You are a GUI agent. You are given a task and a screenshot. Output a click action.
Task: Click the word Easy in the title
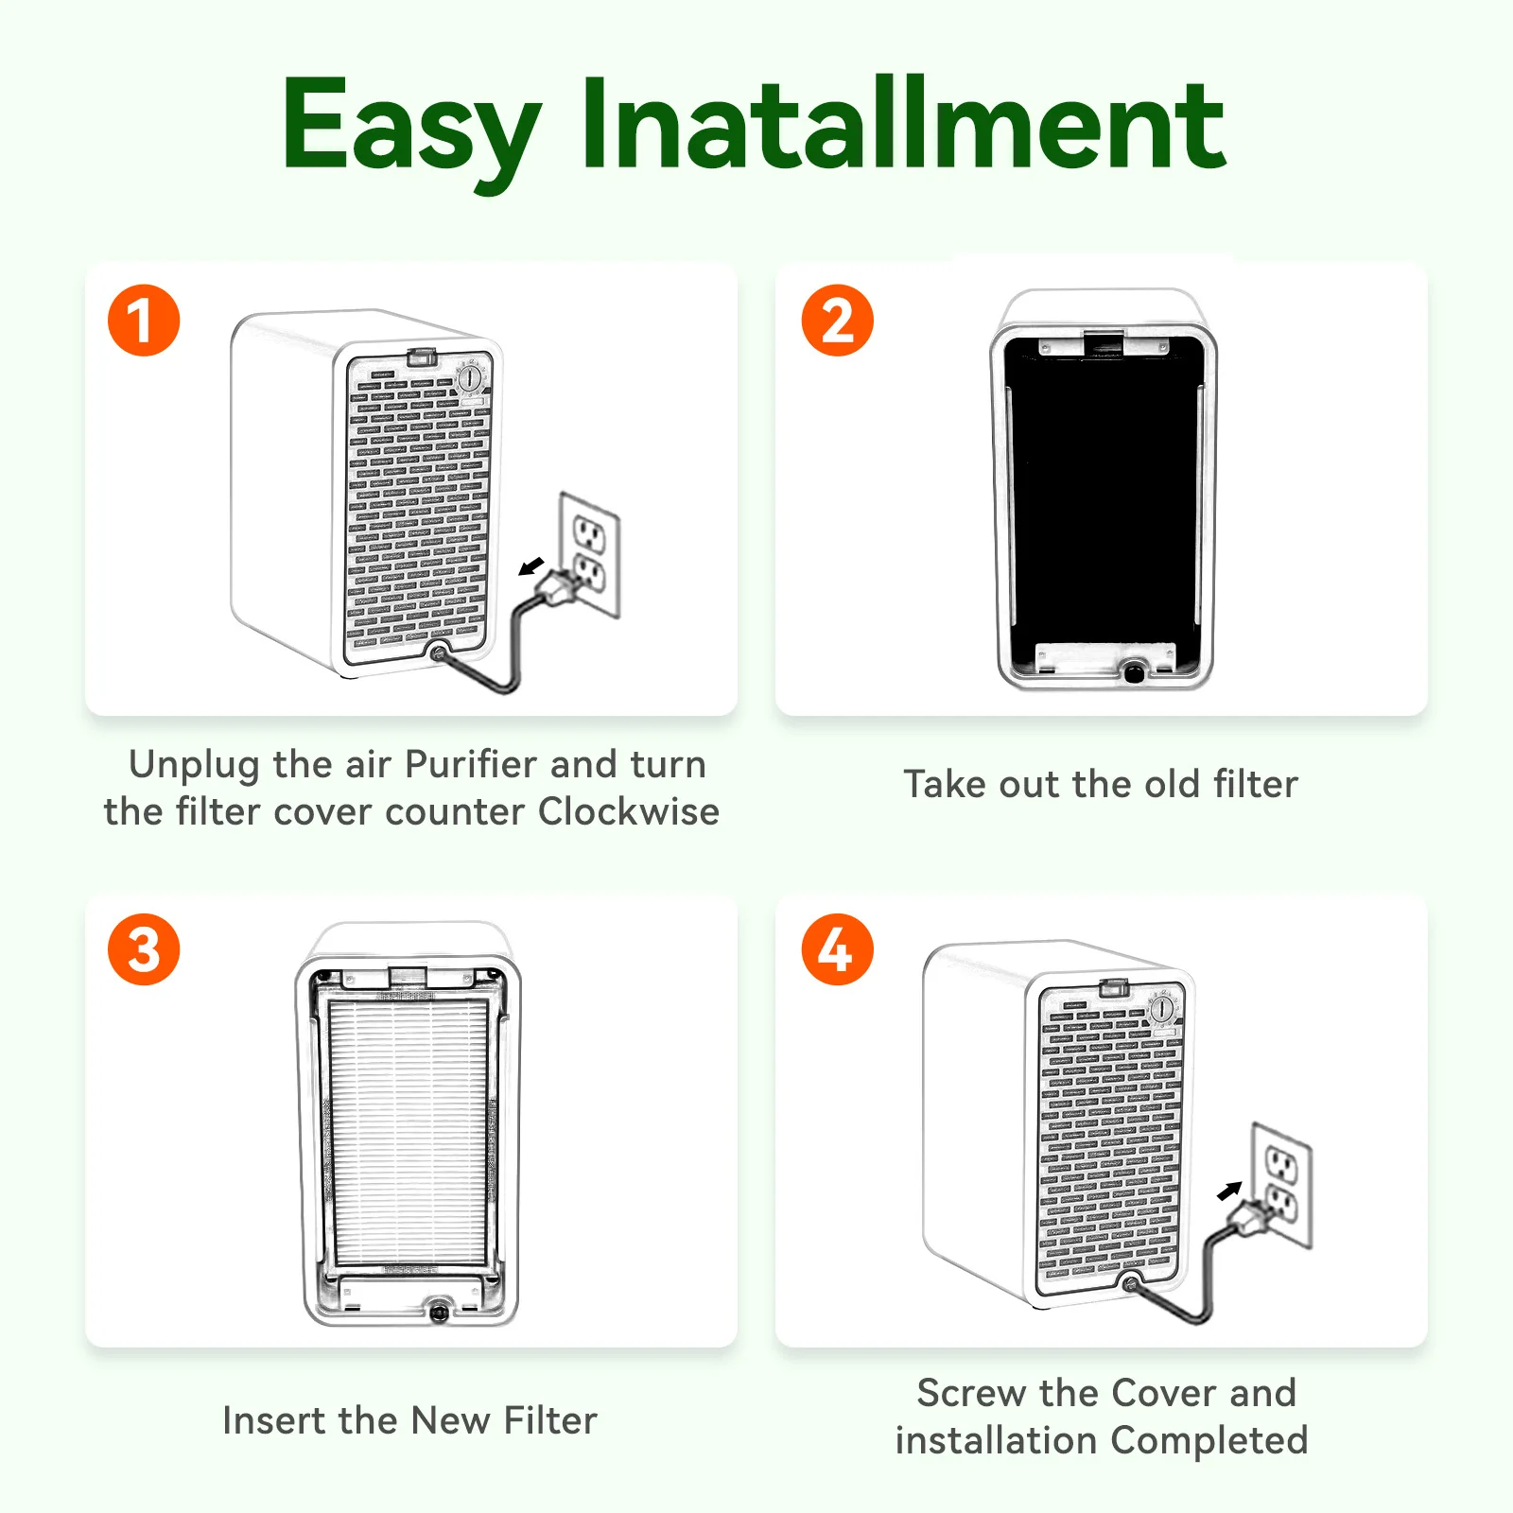pyautogui.click(x=410, y=128)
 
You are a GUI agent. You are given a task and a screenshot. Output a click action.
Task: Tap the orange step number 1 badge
pyautogui.click(x=144, y=321)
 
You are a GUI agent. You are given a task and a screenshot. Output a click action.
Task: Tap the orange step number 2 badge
pyautogui.click(x=837, y=321)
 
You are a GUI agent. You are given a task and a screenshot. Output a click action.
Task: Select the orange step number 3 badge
pyautogui.click(x=144, y=949)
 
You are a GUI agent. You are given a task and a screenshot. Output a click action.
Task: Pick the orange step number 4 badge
pyautogui.click(x=837, y=949)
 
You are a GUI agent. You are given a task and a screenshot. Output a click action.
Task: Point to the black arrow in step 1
pyautogui.click(x=532, y=566)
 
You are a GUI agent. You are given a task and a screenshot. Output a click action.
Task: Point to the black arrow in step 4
pyautogui.click(x=1228, y=1191)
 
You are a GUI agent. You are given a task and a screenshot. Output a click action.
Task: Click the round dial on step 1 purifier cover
pyautogui.click(x=470, y=378)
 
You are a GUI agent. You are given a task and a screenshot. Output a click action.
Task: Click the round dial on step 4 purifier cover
pyautogui.click(x=1161, y=1009)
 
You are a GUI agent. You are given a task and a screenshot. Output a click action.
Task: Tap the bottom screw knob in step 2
pyautogui.click(x=1133, y=672)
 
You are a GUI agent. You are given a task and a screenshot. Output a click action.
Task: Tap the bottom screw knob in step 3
pyautogui.click(x=439, y=1312)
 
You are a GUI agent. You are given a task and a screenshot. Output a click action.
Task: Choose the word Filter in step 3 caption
pyautogui.click(x=550, y=1420)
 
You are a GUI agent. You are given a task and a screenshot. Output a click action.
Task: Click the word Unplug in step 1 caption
pyautogui.click(x=194, y=765)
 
